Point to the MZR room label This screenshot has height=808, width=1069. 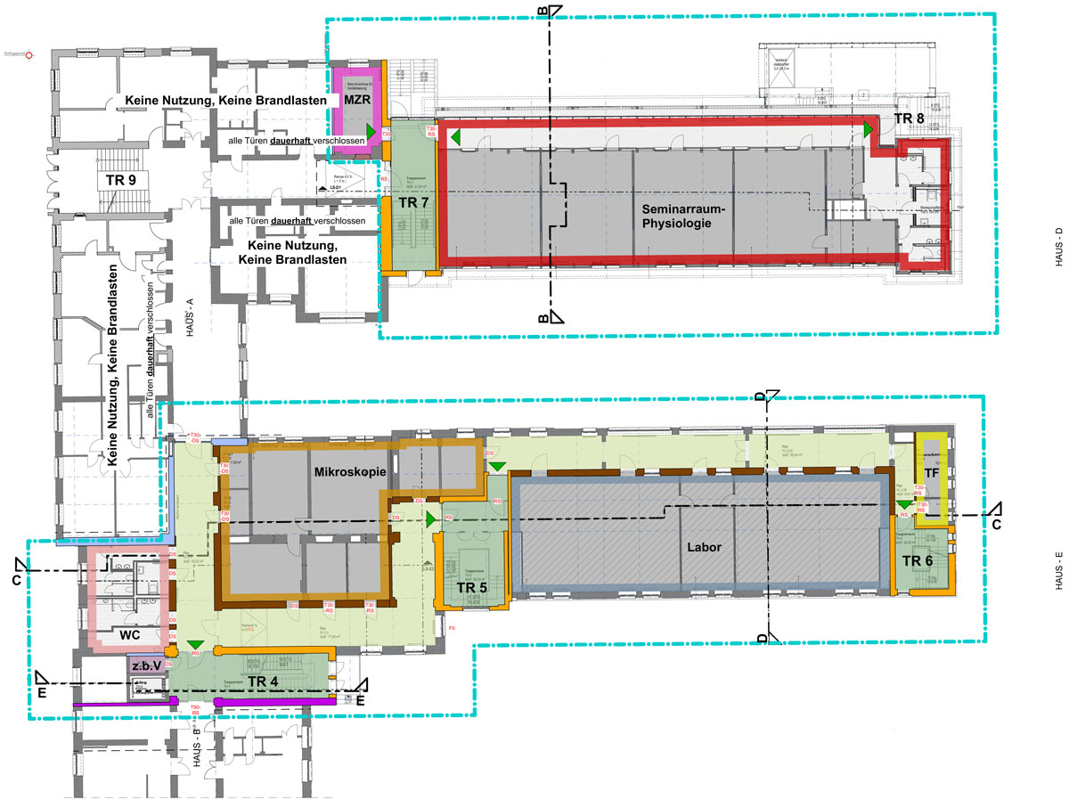tap(355, 102)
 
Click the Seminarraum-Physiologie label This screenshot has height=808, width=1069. tap(679, 216)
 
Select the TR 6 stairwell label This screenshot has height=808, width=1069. tap(917, 560)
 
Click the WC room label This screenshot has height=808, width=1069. tap(132, 636)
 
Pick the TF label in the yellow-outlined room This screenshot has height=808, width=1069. tap(931, 471)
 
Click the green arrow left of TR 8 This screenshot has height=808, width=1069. tap(867, 129)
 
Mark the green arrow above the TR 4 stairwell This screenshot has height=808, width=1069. tap(195, 644)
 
